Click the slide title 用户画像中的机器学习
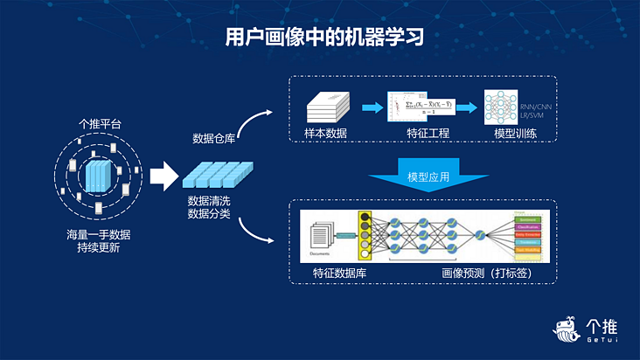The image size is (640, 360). pyautogui.click(x=319, y=36)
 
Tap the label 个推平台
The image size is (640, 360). pyautogui.click(x=100, y=124)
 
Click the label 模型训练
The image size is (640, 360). pyautogui.click(x=515, y=134)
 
